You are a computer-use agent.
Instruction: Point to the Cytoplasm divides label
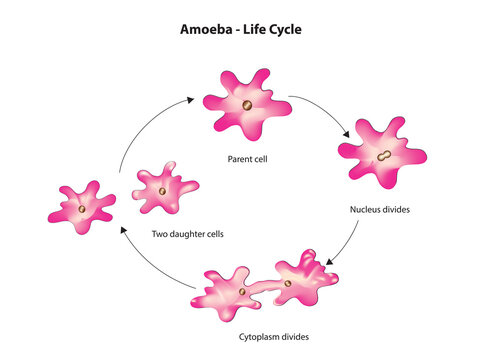point(269,338)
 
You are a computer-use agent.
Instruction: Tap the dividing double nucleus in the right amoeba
point(383,156)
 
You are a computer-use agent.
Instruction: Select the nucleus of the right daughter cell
point(161,190)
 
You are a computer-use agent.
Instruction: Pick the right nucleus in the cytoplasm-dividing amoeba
point(288,283)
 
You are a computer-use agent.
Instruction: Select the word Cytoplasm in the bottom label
point(255,338)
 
